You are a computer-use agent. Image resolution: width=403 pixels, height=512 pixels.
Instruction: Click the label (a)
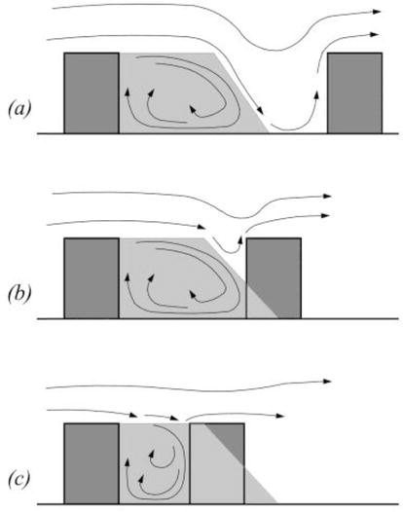(19, 109)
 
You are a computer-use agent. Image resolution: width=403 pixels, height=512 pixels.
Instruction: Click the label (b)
(19, 294)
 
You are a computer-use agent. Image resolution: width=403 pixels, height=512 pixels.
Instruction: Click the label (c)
(18, 479)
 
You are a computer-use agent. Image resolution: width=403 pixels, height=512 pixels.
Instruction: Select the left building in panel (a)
(92, 93)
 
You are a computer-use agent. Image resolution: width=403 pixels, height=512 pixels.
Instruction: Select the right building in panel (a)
(354, 93)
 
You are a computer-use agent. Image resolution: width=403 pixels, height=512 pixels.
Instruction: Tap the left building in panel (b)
(92, 278)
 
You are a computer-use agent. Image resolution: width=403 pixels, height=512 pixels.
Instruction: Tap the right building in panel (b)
(274, 278)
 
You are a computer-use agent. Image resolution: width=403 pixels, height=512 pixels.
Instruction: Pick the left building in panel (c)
(92, 463)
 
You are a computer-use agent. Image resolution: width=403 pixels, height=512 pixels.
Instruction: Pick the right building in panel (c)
(217, 463)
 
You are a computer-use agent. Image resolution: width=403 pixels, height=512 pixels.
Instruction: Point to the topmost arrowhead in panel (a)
(377, 12)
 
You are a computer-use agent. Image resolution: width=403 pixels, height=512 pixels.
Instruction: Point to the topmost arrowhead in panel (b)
(327, 196)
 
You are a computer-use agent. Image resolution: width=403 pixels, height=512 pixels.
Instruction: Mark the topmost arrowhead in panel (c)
(327, 381)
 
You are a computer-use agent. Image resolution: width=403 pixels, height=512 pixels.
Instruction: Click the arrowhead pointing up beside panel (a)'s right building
(316, 94)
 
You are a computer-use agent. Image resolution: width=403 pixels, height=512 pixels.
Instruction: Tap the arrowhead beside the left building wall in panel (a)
(128, 91)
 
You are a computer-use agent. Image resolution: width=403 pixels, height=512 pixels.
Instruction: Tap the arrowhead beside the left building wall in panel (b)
(128, 277)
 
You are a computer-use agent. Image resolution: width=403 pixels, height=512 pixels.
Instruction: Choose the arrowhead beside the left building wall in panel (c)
(128, 461)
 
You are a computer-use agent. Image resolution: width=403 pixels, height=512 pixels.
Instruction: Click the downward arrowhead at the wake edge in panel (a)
(260, 111)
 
